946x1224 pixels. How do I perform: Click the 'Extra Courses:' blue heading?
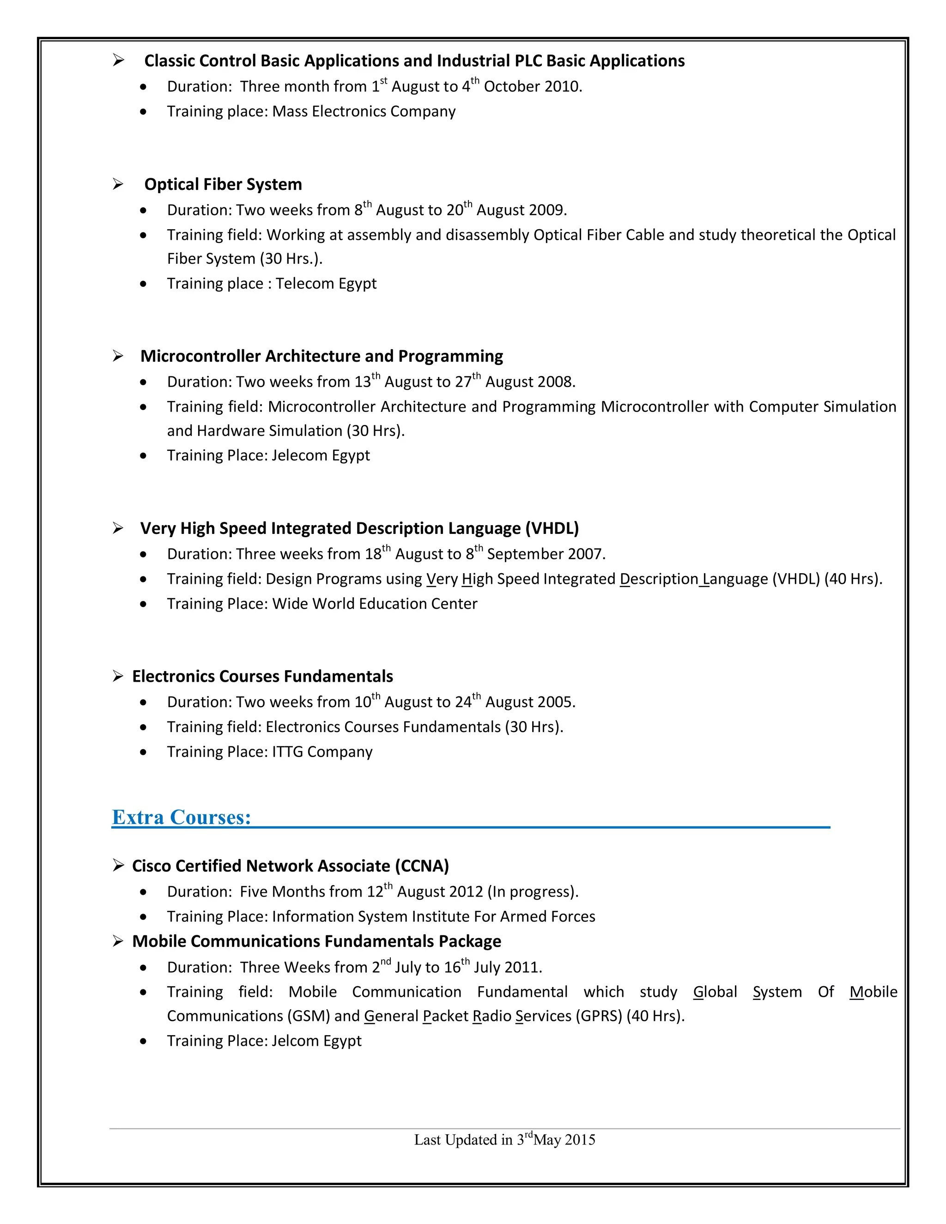pyautogui.click(x=181, y=817)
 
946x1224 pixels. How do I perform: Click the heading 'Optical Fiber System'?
pyautogui.click(x=223, y=184)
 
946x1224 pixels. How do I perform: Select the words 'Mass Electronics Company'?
pyautogui.click(x=364, y=111)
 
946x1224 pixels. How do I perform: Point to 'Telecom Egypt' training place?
pyautogui.click(x=326, y=284)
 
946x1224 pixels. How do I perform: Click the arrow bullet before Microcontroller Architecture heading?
pyautogui.click(x=118, y=356)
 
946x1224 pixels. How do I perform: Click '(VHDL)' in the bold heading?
pyautogui.click(x=552, y=528)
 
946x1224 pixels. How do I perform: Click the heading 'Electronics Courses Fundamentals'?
pyautogui.click(x=262, y=677)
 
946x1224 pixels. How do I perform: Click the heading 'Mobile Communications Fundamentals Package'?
pyautogui.click(x=316, y=941)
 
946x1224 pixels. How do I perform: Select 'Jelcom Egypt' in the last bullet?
pyautogui.click(x=316, y=1041)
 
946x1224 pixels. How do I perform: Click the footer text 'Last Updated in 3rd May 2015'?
pyautogui.click(x=504, y=1139)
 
